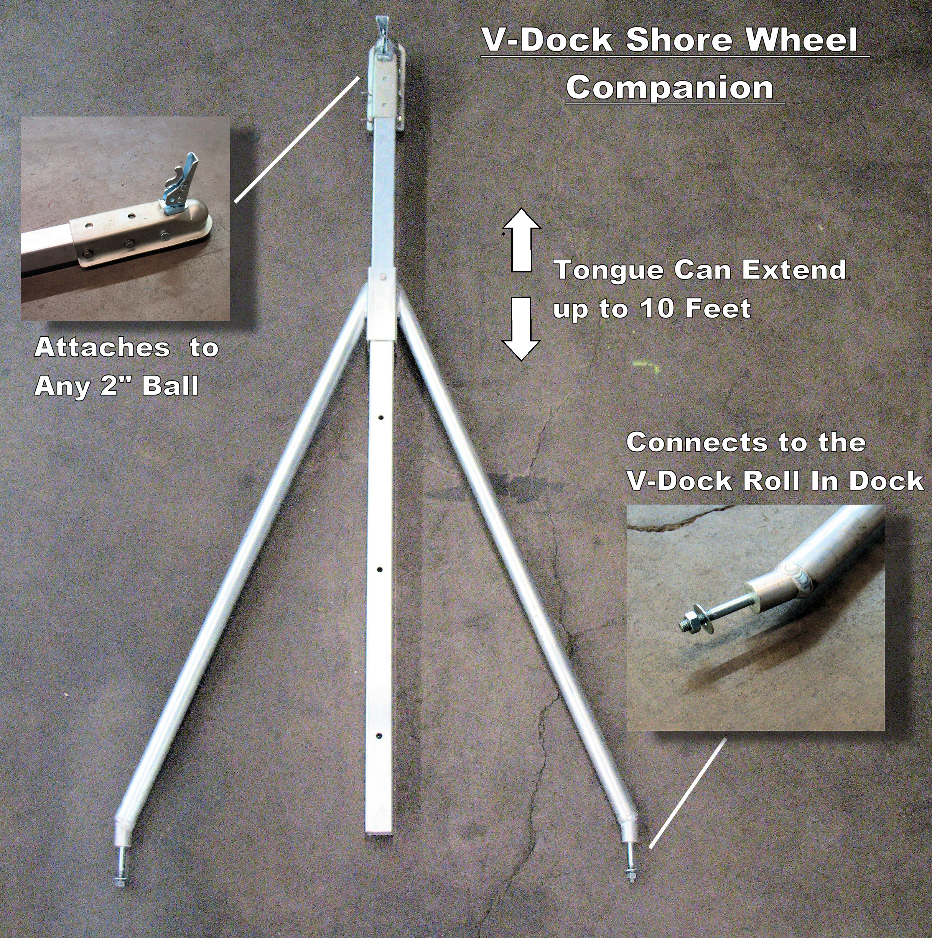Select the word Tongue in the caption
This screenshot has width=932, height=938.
[x=608, y=270]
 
